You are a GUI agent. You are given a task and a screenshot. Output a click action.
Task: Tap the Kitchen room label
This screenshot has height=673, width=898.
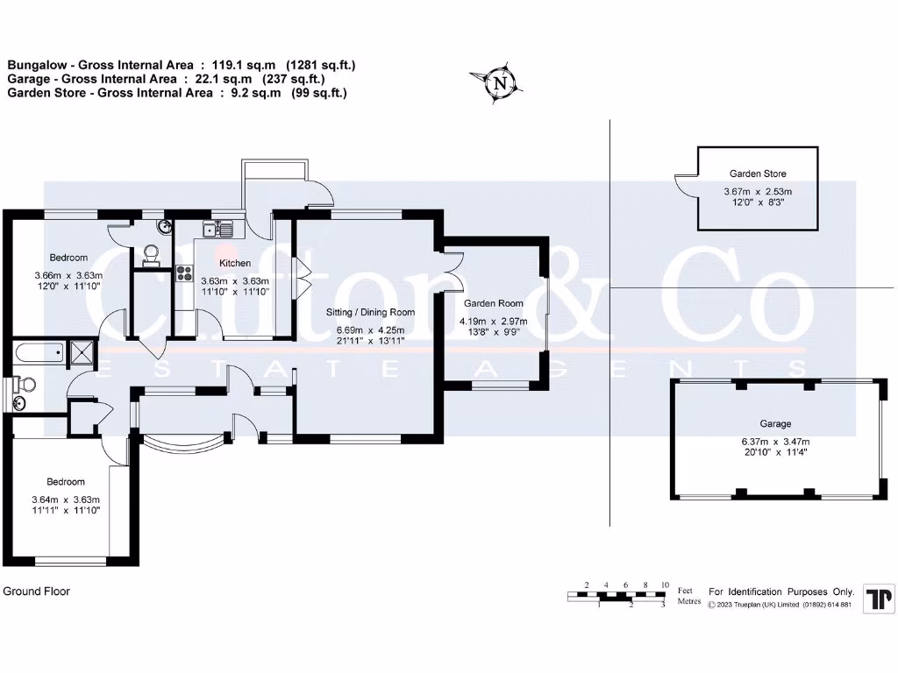point(235,263)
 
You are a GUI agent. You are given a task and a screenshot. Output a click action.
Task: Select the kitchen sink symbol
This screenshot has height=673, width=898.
point(214,230)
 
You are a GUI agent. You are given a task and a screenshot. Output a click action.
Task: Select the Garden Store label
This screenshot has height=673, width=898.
point(758,174)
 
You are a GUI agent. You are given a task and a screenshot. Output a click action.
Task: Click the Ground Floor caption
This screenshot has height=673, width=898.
point(37,592)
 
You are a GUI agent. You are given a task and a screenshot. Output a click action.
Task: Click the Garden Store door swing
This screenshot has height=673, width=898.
point(685,186)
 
